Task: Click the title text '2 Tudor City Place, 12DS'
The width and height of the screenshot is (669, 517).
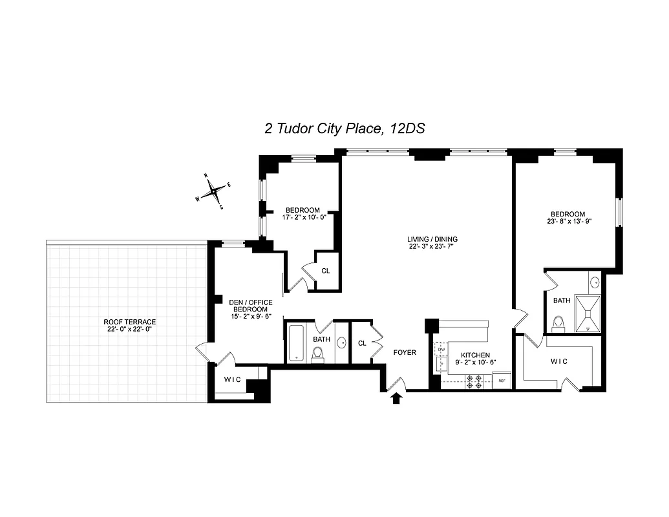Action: pyautogui.click(x=344, y=128)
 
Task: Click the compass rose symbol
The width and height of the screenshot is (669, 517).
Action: pyautogui.click(x=213, y=191)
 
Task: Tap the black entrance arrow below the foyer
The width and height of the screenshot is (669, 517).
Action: pyautogui.click(x=396, y=398)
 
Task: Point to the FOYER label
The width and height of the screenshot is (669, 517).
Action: pyautogui.click(x=405, y=352)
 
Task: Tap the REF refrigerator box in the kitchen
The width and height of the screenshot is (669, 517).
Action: pyautogui.click(x=502, y=381)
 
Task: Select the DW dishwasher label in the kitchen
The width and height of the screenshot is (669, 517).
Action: pyautogui.click(x=441, y=350)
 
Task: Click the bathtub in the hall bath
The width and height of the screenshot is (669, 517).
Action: pyautogui.click(x=296, y=343)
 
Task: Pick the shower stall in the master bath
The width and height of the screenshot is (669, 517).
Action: pyautogui.click(x=588, y=313)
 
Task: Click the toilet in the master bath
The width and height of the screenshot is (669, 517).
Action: pyautogui.click(x=559, y=323)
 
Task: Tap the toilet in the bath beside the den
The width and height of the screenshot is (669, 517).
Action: pyautogui.click(x=317, y=354)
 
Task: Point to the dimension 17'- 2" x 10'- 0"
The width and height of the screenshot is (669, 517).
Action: pyautogui.click(x=303, y=217)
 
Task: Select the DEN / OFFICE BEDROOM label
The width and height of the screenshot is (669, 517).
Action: pyautogui.click(x=251, y=306)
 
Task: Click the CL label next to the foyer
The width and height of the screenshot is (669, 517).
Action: pyautogui.click(x=362, y=343)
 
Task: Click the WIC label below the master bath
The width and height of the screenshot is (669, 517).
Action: pyautogui.click(x=559, y=361)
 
